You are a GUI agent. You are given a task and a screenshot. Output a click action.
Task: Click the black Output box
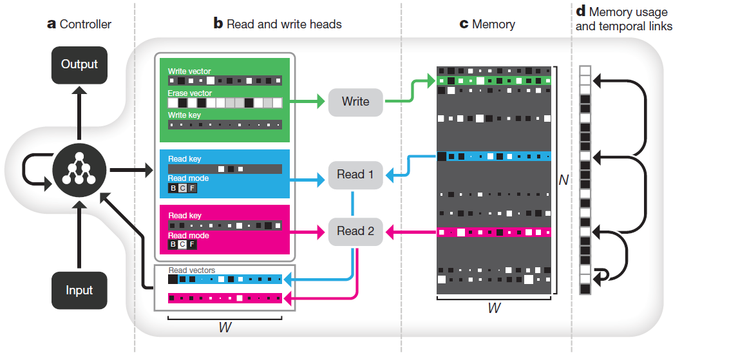[79, 64]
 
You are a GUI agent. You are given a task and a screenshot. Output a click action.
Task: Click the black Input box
[79, 290]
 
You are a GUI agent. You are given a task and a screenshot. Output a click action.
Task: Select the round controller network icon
[79, 171]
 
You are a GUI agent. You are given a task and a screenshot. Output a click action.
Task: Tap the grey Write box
[355, 102]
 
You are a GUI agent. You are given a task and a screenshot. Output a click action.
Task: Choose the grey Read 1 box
[355, 174]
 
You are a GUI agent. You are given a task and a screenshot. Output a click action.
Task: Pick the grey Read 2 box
[355, 231]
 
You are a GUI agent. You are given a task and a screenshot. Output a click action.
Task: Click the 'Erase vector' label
[189, 93]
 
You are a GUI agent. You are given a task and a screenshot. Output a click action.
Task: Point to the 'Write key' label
[184, 115]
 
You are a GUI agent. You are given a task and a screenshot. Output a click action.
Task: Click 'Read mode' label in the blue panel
[188, 178]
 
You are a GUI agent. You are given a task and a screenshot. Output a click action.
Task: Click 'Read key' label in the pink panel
[185, 216]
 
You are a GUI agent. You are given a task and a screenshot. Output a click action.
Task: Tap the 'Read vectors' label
[191, 270]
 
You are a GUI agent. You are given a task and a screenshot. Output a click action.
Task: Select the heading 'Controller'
[85, 24]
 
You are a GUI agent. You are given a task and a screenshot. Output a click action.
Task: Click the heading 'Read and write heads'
[284, 24]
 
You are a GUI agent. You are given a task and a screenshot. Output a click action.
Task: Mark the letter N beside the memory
[563, 180]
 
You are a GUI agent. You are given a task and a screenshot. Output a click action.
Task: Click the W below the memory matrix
[493, 308]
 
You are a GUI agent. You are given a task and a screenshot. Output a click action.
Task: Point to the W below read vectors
[225, 327]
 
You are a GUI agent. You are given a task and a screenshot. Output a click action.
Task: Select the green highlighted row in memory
[494, 81]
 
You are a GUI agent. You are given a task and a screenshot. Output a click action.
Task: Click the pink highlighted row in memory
[494, 232]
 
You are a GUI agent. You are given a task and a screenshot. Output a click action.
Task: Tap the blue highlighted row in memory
[494, 156]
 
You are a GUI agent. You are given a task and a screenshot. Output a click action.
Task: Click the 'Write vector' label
[189, 71]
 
